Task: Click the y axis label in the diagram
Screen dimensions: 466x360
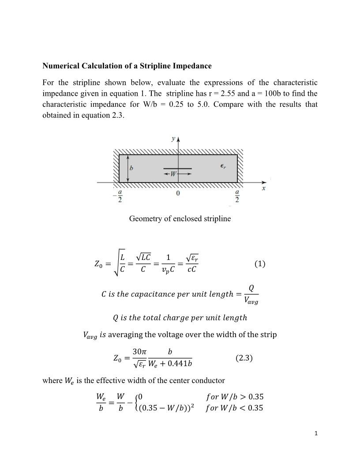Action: click(173, 139)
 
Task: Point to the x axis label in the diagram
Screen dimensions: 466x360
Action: click(264, 188)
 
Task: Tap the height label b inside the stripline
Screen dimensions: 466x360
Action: click(131, 168)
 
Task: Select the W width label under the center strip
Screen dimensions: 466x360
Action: click(173, 174)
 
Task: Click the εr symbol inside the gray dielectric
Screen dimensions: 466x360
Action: click(224, 166)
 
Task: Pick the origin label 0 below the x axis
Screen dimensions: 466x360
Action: click(178, 193)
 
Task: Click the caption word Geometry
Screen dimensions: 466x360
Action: click(146, 219)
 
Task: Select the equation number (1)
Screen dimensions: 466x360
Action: click(260, 263)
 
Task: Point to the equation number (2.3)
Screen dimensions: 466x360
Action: click(244, 358)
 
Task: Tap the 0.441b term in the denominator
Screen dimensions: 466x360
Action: click(180, 364)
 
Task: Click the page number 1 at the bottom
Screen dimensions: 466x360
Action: click(316, 433)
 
